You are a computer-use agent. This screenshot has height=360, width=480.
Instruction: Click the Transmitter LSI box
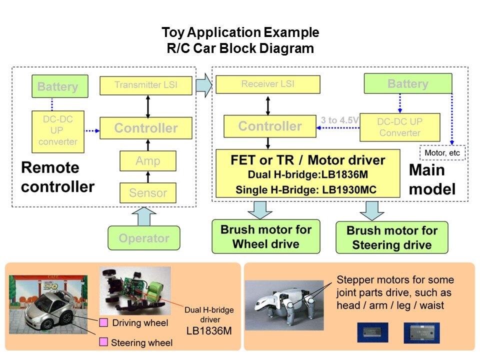click(x=146, y=85)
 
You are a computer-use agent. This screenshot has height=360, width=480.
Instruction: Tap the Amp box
click(x=147, y=161)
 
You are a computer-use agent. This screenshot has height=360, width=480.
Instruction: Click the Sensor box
click(x=148, y=192)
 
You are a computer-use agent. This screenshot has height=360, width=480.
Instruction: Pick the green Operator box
click(x=144, y=238)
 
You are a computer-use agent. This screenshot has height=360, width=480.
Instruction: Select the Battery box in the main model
click(x=407, y=83)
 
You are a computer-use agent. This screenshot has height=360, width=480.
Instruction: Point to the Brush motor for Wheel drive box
click(x=266, y=236)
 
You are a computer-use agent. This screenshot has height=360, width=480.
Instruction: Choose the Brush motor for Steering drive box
click(x=392, y=237)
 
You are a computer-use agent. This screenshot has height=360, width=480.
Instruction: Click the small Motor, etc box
click(x=442, y=152)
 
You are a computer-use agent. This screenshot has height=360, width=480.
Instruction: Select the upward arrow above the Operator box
click(x=144, y=216)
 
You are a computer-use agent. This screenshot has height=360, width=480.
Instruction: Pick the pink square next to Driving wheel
click(x=103, y=322)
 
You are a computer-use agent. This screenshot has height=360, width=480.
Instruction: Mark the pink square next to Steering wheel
click(x=103, y=342)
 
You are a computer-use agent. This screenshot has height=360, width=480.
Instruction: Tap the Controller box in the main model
click(x=270, y=126)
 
